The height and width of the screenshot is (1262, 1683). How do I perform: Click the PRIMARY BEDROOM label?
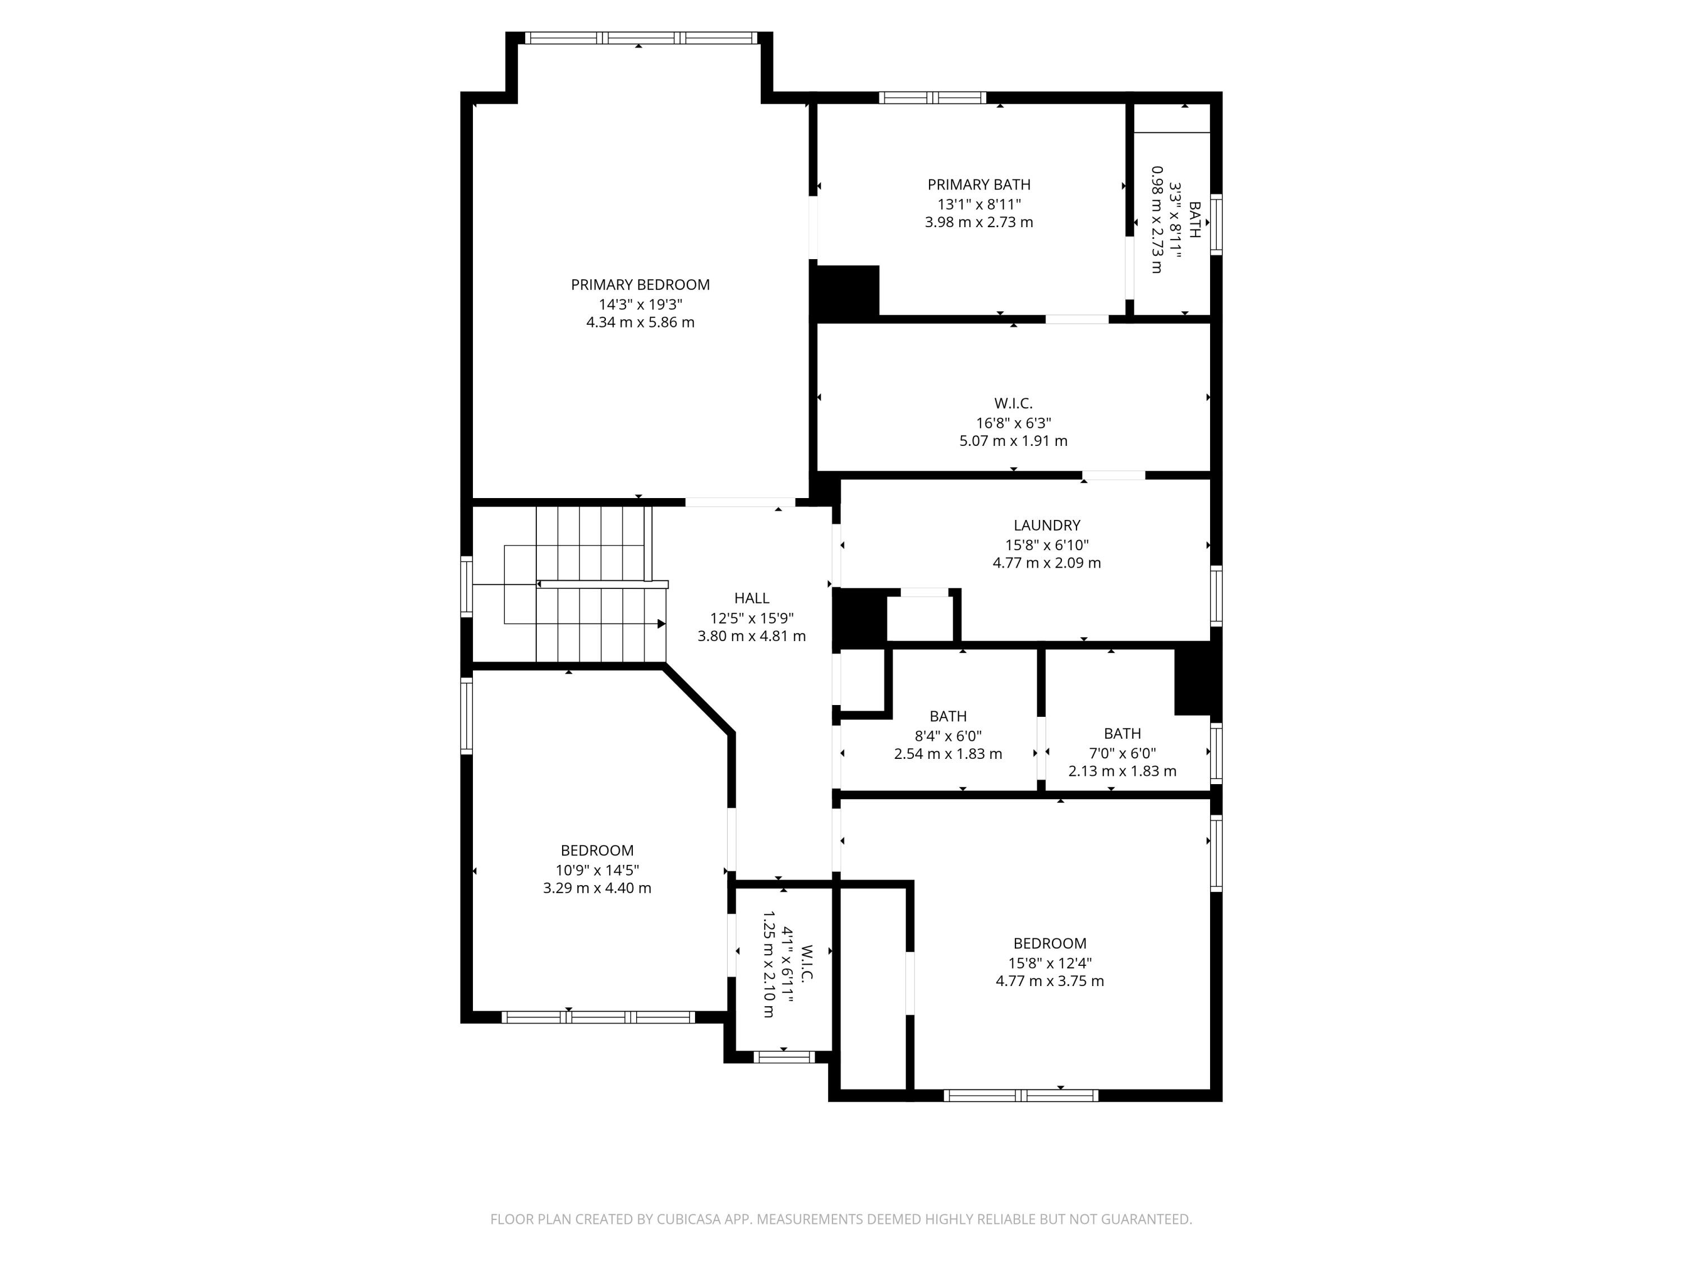[640, 284]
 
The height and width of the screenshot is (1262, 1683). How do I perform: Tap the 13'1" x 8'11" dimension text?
[978, 204]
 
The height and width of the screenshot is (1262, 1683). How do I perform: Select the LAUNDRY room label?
[1046, 525]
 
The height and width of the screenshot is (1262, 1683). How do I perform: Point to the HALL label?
[751, 598]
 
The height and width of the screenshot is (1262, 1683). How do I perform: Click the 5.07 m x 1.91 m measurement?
[1013, 440]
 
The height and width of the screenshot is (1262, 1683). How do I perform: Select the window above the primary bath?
[932, 98]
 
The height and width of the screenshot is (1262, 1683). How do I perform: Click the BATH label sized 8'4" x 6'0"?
[948, 716]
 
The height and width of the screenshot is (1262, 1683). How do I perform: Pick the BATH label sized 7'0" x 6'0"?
[1121, 733]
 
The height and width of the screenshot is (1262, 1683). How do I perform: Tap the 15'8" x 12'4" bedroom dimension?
[1049, 962]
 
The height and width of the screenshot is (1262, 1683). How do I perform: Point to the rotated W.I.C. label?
[807, 964]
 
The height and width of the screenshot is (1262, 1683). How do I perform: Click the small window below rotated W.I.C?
[784, 1057]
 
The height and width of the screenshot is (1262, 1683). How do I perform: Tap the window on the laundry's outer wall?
[1216, 596]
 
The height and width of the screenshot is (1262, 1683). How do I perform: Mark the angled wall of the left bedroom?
[698, 701]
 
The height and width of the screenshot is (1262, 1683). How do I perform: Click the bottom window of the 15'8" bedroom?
[1020, 1095]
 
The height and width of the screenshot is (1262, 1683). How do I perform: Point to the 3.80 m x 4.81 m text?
[751, 636]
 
